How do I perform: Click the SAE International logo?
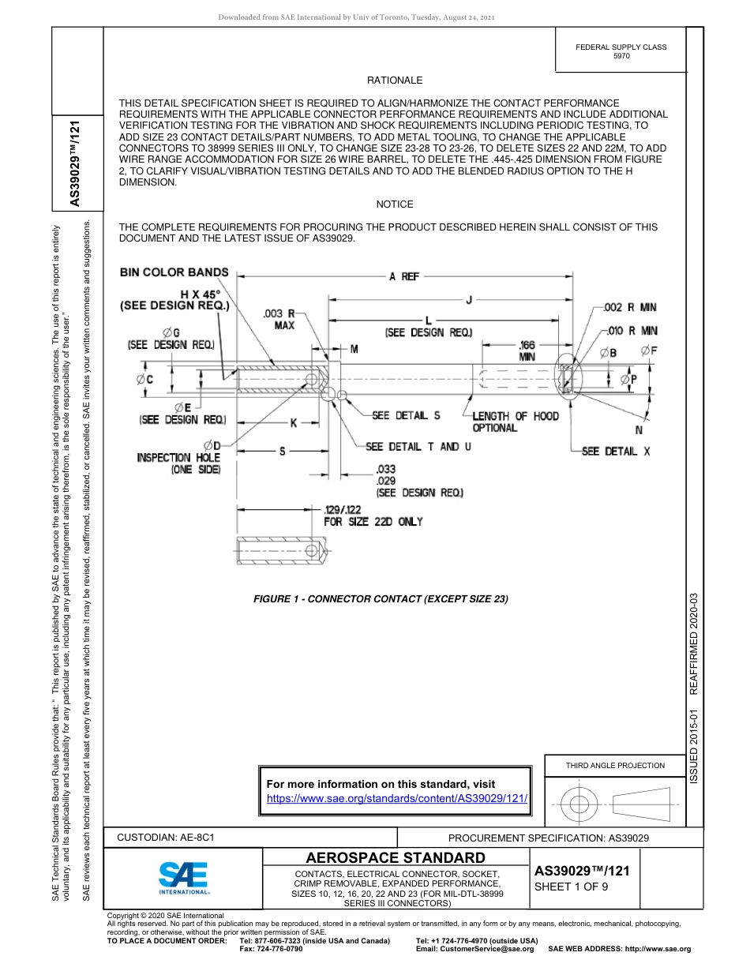pyautogui.click(x=183, y=877)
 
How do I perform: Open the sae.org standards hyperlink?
pyautogui.click(x=397, y=798)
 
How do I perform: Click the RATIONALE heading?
pyautogui.click(x=395, y=81)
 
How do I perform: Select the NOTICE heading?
pyautogui.click(x=395, y=204)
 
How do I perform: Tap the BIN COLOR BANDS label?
pyautogui.click(x=174, y=272)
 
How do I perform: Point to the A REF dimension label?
pyautogui.click(x=403, y=276)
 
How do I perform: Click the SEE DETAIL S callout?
pyautogui.click(x=406, y=416)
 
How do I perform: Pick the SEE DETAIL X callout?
pyautogui.click(x=616, y=452)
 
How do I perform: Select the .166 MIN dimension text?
pyautogui.click(x=527, y=351)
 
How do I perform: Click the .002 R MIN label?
pyautogui.click(x=630, y=307)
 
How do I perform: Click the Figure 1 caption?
pyautogui.click(x=381, y=599)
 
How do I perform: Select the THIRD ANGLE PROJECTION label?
pyautogui.click(x=615, y=765)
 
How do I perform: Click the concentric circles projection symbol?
pyautogui.click(x=579, y=804)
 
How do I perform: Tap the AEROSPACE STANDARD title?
pyautogui.click(x=396, y=858)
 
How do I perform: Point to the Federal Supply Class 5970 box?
pyautogui.click(x=621, y=51)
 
